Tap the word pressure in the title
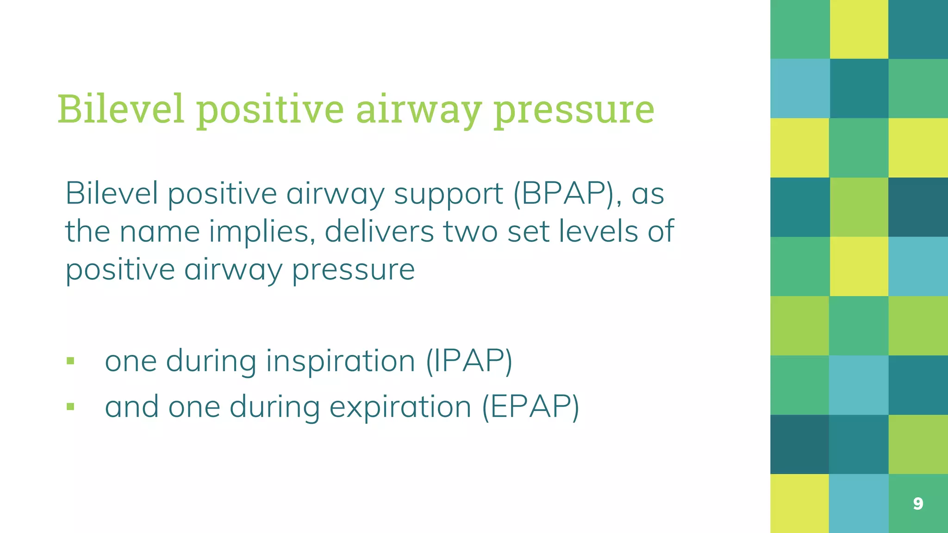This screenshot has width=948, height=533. tap(574, 111)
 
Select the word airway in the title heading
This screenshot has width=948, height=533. tap(419, 111)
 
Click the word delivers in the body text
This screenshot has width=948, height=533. tap(379, 231)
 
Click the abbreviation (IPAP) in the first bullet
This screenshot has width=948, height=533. tap(469, 361)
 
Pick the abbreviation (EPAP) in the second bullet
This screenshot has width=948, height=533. tap(530, 407)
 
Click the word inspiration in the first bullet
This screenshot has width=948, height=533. tap(341, 361)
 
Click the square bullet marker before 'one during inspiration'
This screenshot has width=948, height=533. tap(70, 361)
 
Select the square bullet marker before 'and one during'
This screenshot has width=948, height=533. tap(70, 407)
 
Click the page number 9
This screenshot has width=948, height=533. tap(918, 503)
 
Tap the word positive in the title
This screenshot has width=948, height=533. tap(270, 111)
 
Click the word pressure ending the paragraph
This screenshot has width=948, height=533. tap(353, 270)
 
